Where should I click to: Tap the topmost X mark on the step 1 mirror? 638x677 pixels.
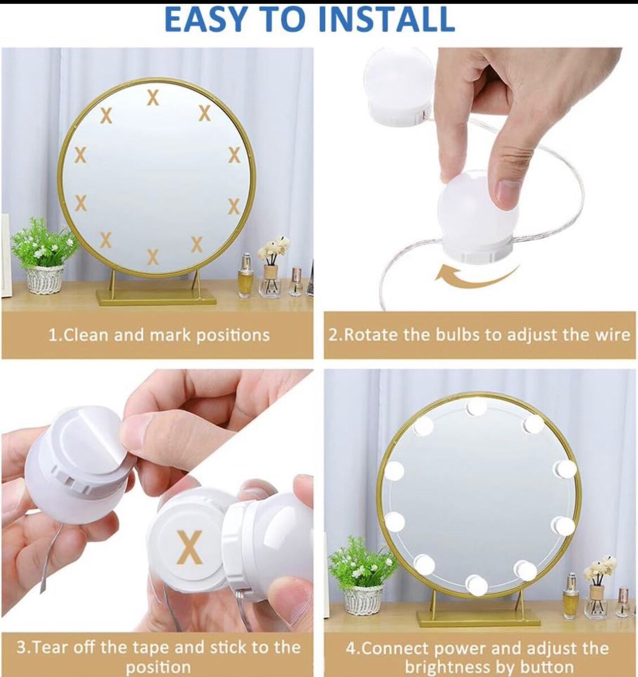[x=153, y=98]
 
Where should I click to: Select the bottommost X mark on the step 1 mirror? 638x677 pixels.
[x=153, y=257]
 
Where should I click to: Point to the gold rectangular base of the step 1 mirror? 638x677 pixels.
[x=156, y=297]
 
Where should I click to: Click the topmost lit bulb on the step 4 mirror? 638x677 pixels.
[x=477, y=407]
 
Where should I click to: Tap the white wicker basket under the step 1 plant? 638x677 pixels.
[x=45, y=279]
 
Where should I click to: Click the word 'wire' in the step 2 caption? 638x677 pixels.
[x=613, y=335]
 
